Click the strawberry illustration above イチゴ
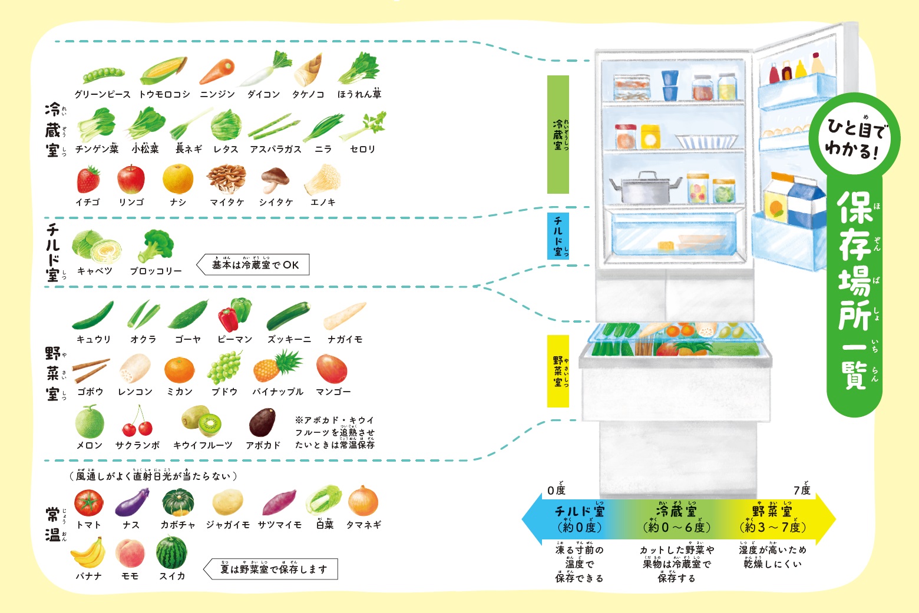click(88, 179)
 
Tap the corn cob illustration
click(164, 71)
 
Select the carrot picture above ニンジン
click(217, 71)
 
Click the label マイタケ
click(227, 202)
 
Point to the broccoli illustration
click(156, 246)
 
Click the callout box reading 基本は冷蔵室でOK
click(253, 264)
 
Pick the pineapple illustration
click(277, 366)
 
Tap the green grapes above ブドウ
click(224, 367)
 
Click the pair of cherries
click(137, 420)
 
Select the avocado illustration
click(262, 422)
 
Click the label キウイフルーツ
click(203, 445)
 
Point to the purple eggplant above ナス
click(132, 502)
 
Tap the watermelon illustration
click(171, 552)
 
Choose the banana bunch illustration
click(87, 553)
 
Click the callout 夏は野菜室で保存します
click(271, 569)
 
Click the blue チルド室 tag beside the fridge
click(558, 236)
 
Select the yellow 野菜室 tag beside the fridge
click(558, 371)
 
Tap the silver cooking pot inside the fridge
click(645, 188)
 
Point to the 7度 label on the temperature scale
click(802, 489)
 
